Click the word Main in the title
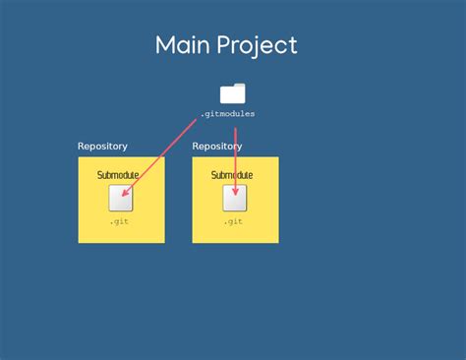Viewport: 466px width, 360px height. coord(184,45)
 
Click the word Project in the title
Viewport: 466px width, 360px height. coord(258,46)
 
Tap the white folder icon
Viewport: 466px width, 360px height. coord(233,93)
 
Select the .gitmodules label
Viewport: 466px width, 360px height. coord(227,114)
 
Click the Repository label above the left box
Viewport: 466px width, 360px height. coord(102,147)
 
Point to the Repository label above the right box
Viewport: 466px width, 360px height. coord(217,147)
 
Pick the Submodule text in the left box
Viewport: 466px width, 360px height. coord(118,175)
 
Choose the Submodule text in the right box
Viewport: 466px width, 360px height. coord(232,175)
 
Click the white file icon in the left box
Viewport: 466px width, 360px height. coord(121,199)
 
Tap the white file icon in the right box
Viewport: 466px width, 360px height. coord(235,199)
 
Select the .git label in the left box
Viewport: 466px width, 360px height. coord(119,221)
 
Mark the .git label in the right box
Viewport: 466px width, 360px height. coord(233,221)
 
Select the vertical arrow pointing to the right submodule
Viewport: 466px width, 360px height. coord(236,157)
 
